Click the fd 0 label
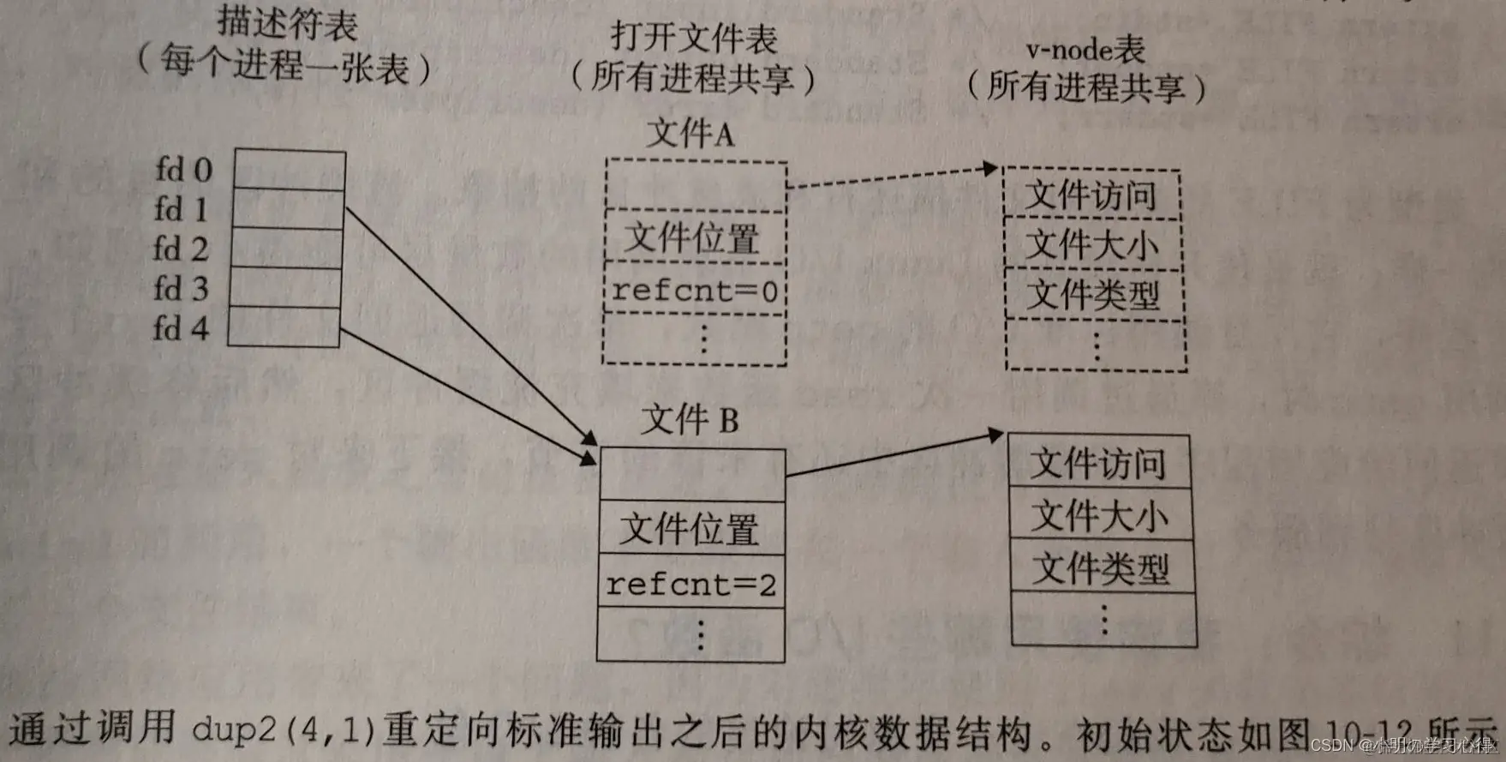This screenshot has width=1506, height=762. [183, 170]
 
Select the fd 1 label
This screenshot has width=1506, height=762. [181, 209]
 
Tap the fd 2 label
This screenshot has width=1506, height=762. [181, 249]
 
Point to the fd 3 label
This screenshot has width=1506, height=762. [181, 289]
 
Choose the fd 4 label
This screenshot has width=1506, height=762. [181, 328]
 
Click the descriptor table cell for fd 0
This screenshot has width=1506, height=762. [290, 170]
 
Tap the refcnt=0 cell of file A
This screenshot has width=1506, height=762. [695, 291]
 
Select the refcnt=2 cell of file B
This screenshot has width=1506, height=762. [690, 584]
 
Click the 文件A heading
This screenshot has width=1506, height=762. [690, 134]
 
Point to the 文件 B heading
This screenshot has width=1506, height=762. [690, 420]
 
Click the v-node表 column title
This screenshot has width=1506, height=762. [1085, 50]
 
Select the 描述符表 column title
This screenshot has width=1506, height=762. [287, 23]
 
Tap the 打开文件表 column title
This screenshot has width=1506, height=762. [694, 38]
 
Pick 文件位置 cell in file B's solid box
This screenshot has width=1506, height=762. [690, 529]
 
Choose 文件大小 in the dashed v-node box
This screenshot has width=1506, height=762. [1092, 245]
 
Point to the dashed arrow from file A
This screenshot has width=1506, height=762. [891, 176]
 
